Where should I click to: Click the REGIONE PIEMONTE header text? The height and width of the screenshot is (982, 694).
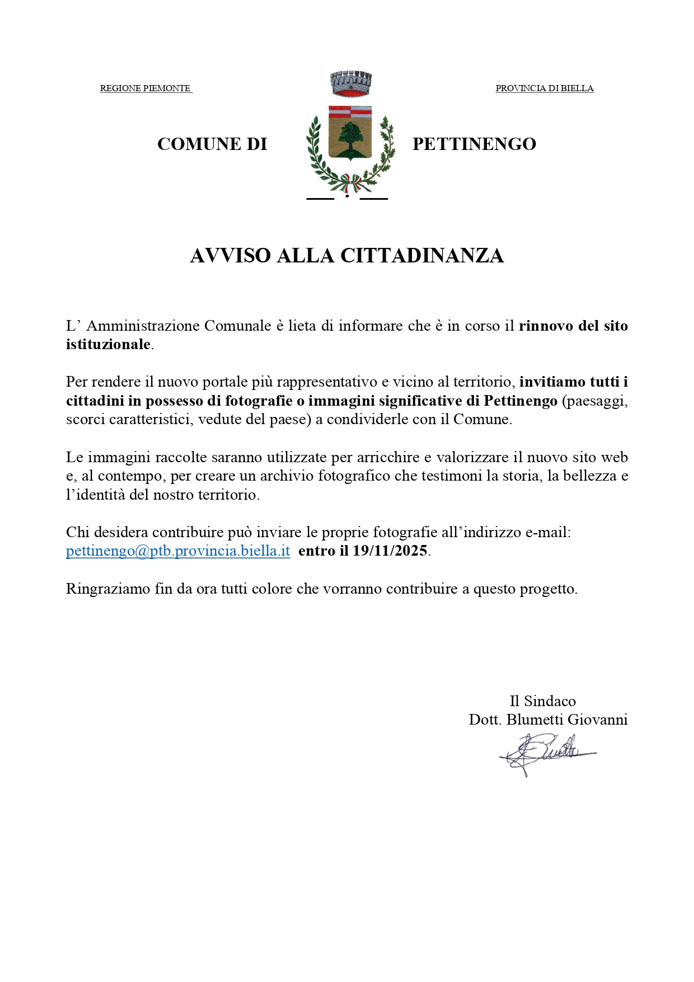click(145, 88)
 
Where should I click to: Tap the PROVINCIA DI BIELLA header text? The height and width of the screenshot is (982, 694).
click(544, 88)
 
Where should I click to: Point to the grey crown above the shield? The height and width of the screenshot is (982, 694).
click(351, 83)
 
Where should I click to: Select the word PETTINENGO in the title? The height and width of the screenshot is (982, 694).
click(474, 144)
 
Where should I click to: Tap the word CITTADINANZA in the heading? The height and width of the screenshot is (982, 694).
click(422, 256)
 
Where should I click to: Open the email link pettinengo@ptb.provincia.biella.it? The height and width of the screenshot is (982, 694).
click(178, 551)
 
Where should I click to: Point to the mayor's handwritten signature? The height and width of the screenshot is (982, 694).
click(546, 754)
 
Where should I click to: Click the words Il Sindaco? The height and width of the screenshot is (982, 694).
click(542, 701)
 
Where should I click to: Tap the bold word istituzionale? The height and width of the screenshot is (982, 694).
click(109, 345)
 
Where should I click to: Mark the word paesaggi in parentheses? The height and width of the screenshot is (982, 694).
click(597, 401)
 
